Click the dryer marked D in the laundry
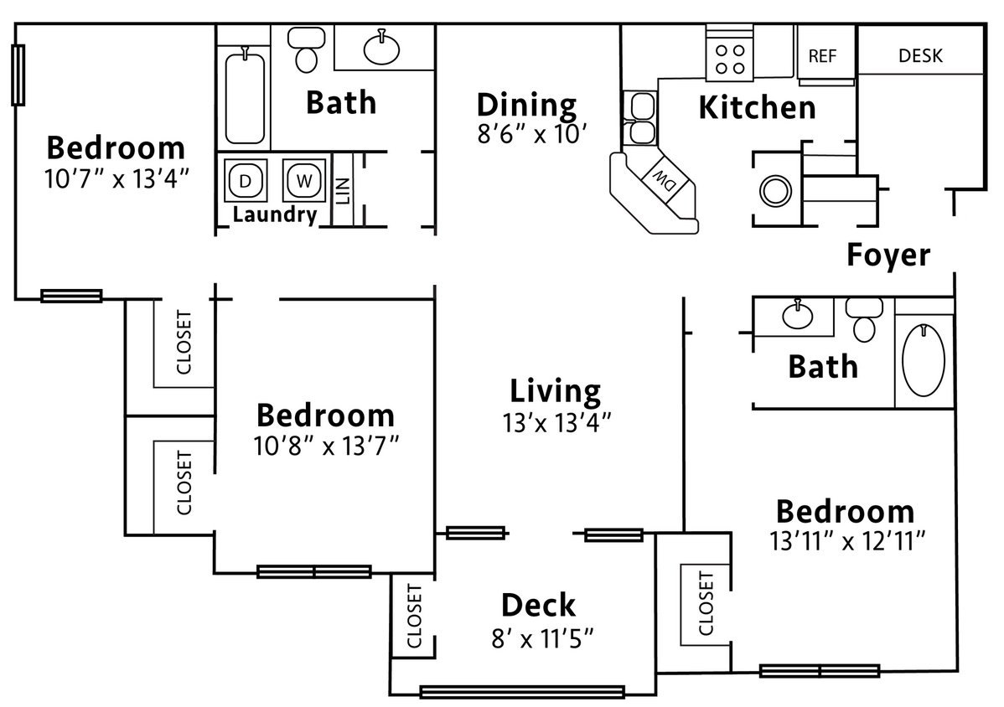tap(245, 180)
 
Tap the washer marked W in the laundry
tap(303, 180)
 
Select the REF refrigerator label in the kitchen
tap(822, 56)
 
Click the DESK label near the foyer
tap(920, 56)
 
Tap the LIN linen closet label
tap(343, 191)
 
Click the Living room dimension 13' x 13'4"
tap(557, 421)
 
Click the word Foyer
tap(888, 255)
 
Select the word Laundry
tap(275, 214)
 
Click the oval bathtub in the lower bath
tap(924, 360)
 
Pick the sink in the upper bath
tap(382, 48)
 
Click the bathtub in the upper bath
tap(245, 97)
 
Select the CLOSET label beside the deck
tap(413, 616)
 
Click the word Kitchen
tap(757, 108)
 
